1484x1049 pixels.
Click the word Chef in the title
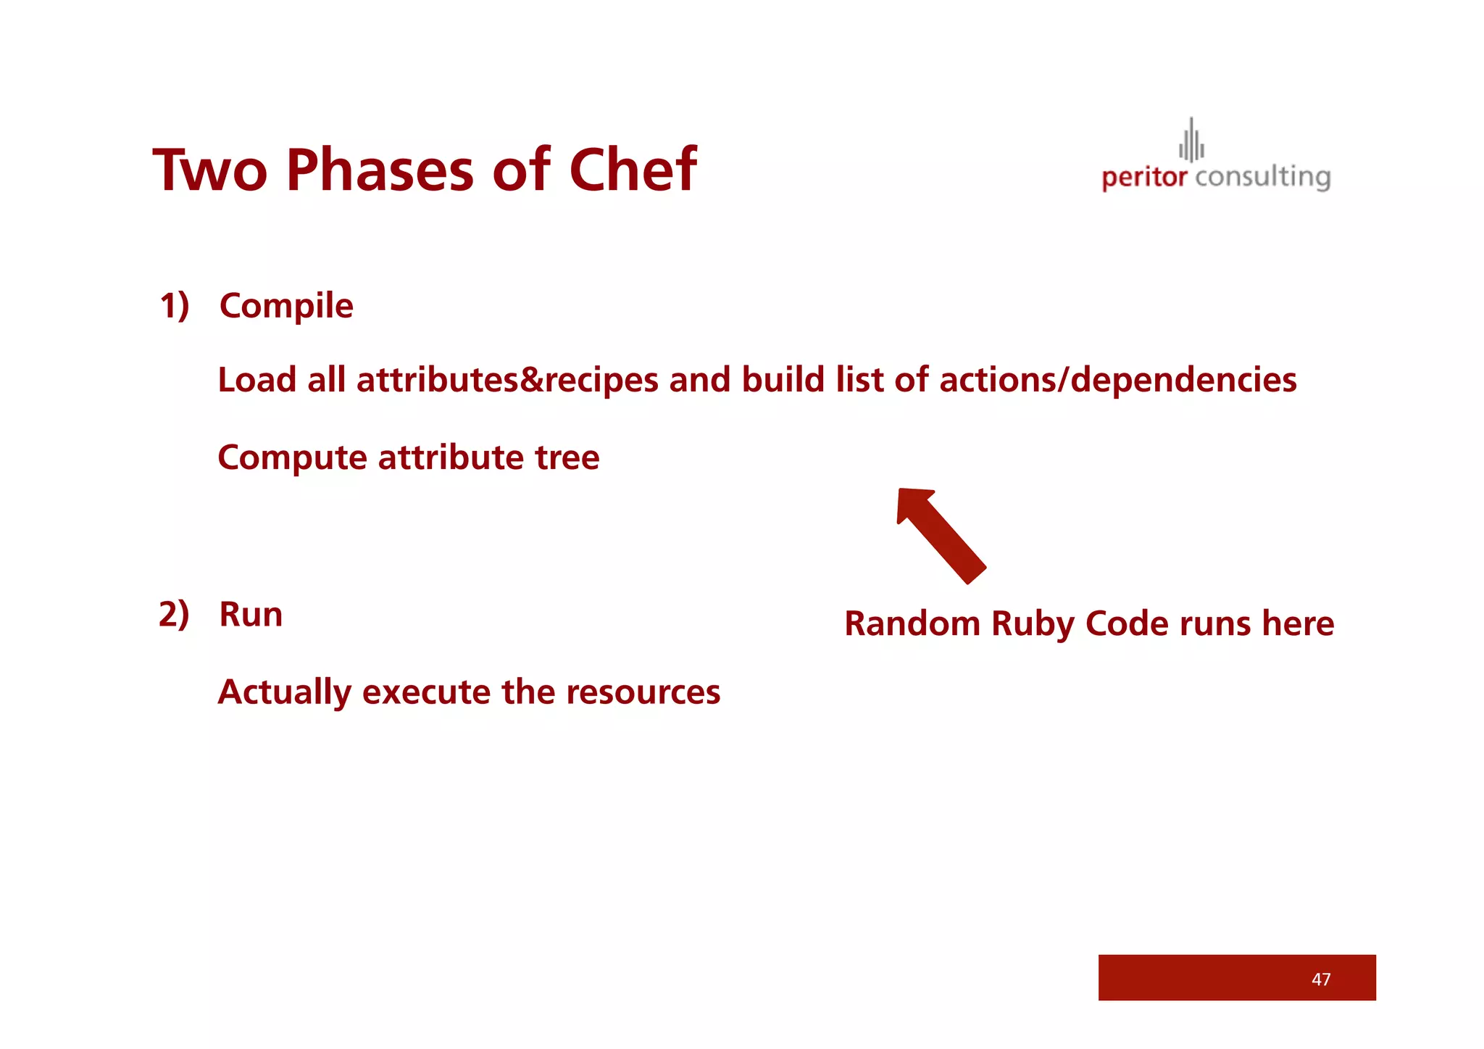click(x=632, y=170)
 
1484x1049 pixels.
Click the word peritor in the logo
click(x=1144, y=178)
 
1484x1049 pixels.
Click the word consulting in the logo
click(x=1262, y=178)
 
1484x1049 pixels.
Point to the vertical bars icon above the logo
click(x=1191, y=141)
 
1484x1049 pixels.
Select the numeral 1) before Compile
click(x=175, y=305)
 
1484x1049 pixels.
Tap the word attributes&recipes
click(x=507, y=380)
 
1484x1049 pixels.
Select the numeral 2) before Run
click(x=174, y=614)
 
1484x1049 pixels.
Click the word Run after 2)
click(x=251, y=615)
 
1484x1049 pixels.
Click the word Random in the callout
click(x=912, y=623)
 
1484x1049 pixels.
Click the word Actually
click(x=284, y=692)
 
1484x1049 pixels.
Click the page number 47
click(x=1320, y=979)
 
